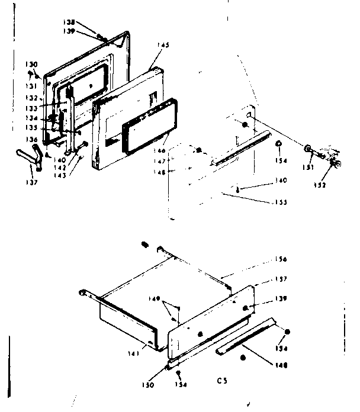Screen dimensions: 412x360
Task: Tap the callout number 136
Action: (32, 140)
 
